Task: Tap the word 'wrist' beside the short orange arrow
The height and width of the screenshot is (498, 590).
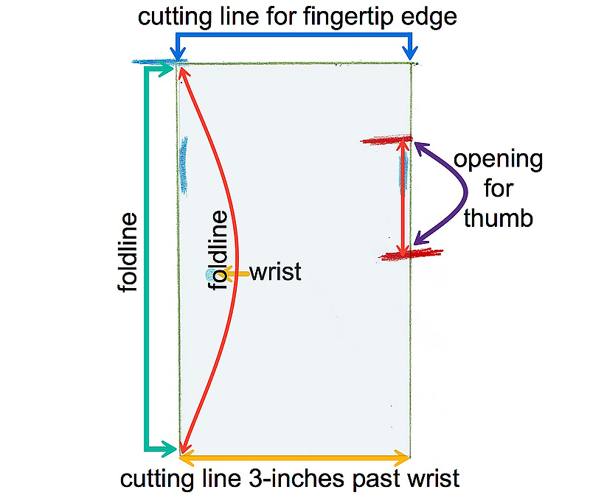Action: [275, 272]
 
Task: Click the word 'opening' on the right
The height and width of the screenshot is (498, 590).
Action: [498, 160]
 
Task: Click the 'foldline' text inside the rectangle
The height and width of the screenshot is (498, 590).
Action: [220, 250]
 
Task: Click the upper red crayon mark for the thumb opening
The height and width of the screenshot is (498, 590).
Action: [386, 139]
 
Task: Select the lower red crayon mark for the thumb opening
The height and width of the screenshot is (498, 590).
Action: [412, 255]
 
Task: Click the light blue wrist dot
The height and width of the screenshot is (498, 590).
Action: [212, 275]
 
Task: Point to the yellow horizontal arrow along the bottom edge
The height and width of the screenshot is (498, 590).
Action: [295, 458]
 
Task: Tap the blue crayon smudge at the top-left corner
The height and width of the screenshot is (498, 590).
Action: [156, 61]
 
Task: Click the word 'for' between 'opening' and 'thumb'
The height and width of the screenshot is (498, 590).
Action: [499, 189]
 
